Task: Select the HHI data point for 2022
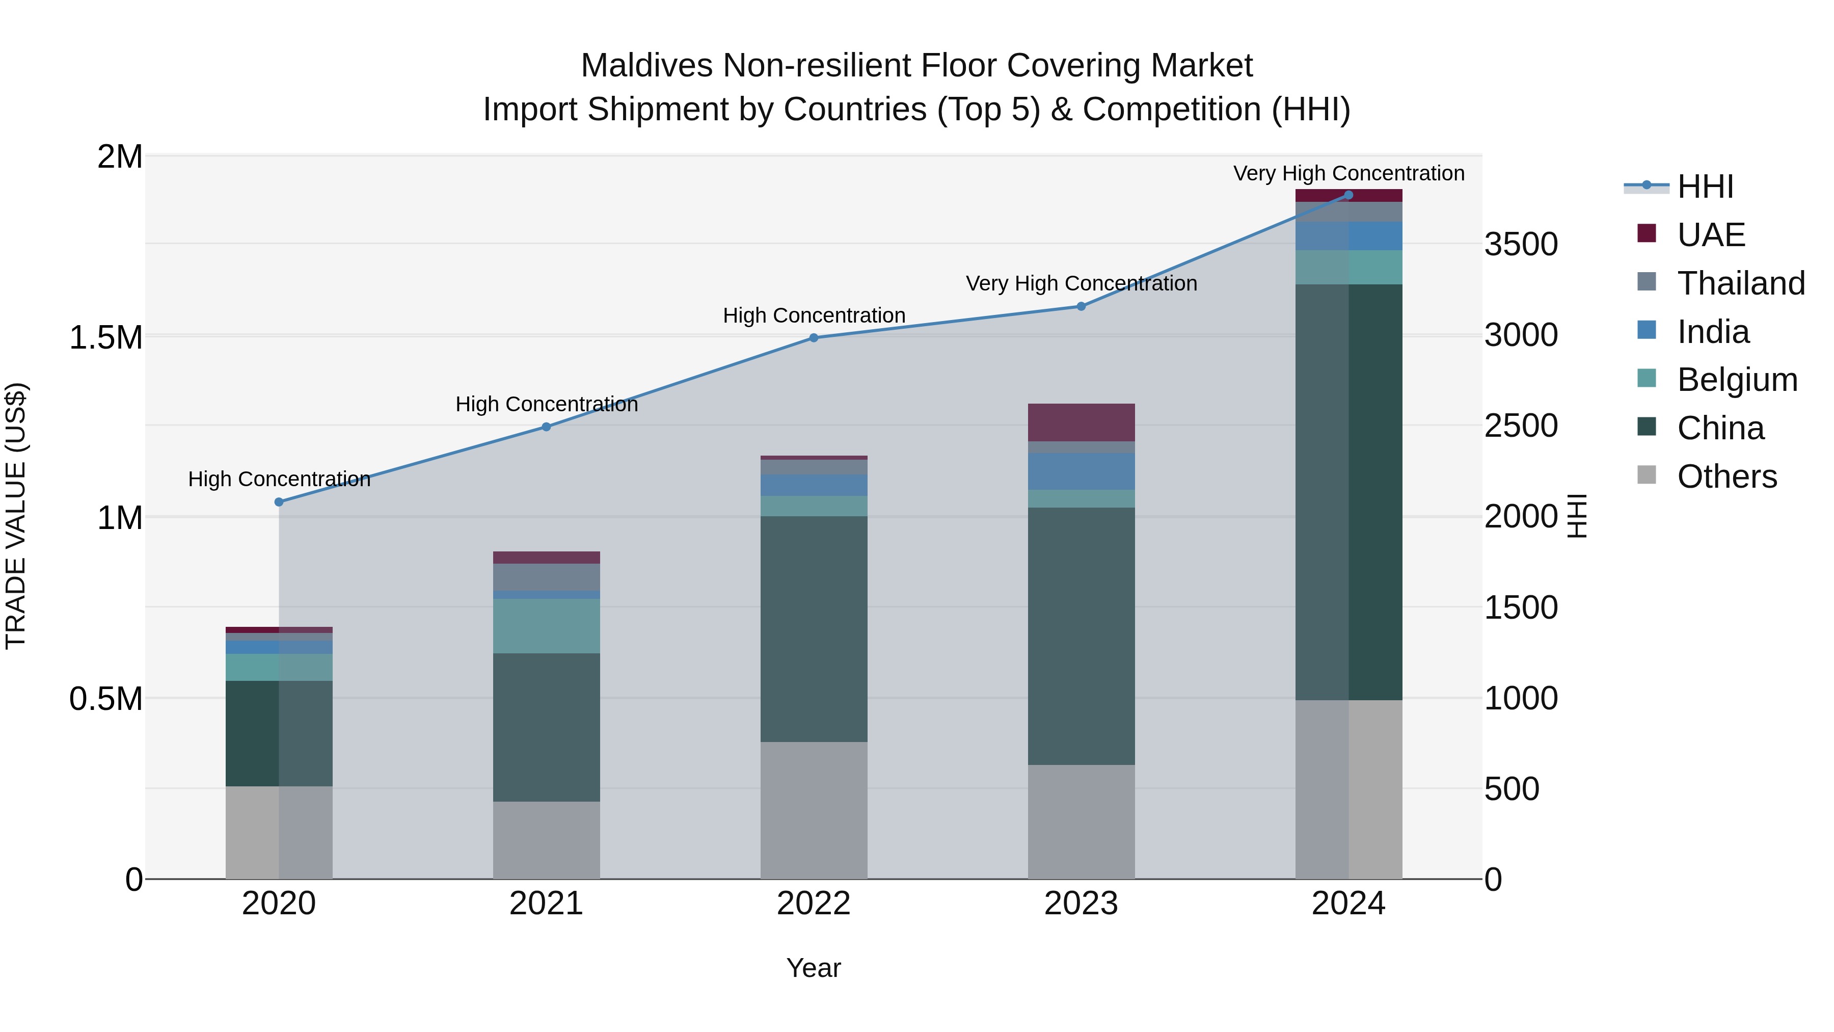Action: click(814, 337)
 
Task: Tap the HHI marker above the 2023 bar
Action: click(1081, 306)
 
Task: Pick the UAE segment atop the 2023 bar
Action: click(1081, 422)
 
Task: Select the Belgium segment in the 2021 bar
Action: click(546, 625)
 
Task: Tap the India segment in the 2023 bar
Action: click(1081, 471)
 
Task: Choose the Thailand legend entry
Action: click(1740, 283)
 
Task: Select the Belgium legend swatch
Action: click(1646, 378)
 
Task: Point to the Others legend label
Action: click(1727, 477)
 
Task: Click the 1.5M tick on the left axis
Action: click(105, 337)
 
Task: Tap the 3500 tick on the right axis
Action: click(1521, 244)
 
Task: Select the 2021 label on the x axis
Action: click(546, 904)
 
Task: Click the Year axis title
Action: click(813, 968)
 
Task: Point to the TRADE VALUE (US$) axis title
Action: click(16, 516)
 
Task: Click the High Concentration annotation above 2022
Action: click(814, 315)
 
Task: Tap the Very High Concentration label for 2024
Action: click(1348, 173)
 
